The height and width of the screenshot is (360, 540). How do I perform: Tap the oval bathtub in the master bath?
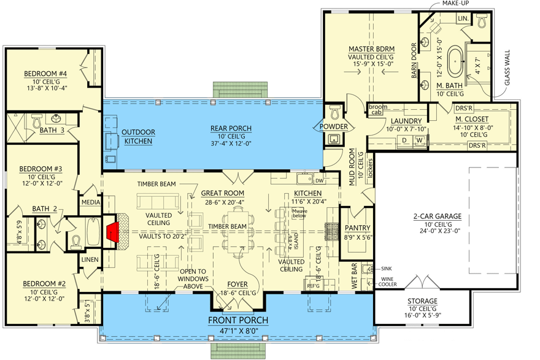point(455,62)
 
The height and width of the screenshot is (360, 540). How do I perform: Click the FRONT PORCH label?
point(238,320)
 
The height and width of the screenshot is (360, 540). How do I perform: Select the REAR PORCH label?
point(231,128)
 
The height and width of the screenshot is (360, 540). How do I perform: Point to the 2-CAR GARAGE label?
point(438,216)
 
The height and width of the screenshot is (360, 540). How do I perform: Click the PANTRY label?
point(358,228)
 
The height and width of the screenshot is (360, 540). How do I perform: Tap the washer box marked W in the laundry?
point(419,140)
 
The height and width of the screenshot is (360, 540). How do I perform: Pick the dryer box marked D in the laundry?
point(404,140)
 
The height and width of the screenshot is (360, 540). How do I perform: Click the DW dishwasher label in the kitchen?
point(319,181)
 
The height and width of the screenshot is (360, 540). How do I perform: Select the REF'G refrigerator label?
point(313,286)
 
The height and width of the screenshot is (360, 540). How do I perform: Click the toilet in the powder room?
point(334,112)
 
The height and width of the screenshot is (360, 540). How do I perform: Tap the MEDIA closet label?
point(91,202)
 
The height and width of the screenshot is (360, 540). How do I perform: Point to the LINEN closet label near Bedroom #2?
point(90,260)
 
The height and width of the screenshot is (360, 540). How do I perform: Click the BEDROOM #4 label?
point(45,74)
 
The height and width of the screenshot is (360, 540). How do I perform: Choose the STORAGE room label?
point(423,301)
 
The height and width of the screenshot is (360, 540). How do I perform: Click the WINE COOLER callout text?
point(388,282)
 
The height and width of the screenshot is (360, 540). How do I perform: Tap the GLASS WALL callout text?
point(507,68)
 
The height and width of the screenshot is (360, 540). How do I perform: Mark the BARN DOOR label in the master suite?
point(414,61)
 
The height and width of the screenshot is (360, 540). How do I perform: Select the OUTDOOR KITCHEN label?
point(138,137)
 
